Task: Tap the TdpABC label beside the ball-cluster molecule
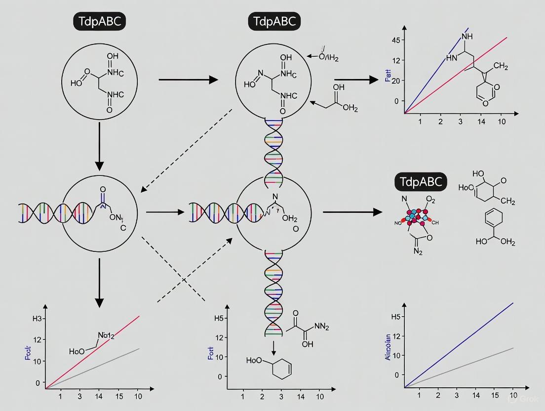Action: [x=421, y=182]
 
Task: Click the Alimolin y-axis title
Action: [x=388, y=346]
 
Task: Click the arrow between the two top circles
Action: [x=188, y=80]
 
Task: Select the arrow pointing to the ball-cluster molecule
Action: [x=352, y=212]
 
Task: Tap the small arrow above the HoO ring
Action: [x=273, y=349]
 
